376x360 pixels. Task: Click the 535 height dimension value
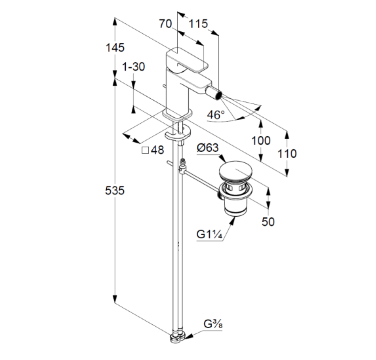[x=115, y=191]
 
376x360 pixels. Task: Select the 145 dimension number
[x=115, y=48]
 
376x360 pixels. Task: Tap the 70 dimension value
[x=165, y=24]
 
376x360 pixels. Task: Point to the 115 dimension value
[x=198, y=24]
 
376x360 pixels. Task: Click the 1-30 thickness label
[x=133, y=67]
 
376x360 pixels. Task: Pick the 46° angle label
[x=216, y=115]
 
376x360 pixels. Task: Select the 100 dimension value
[x=261, y=140]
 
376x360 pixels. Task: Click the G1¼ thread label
[x=209, y=234]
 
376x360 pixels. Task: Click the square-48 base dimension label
[x=153, y=150]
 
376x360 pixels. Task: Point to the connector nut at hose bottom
[x=176, y=338]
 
